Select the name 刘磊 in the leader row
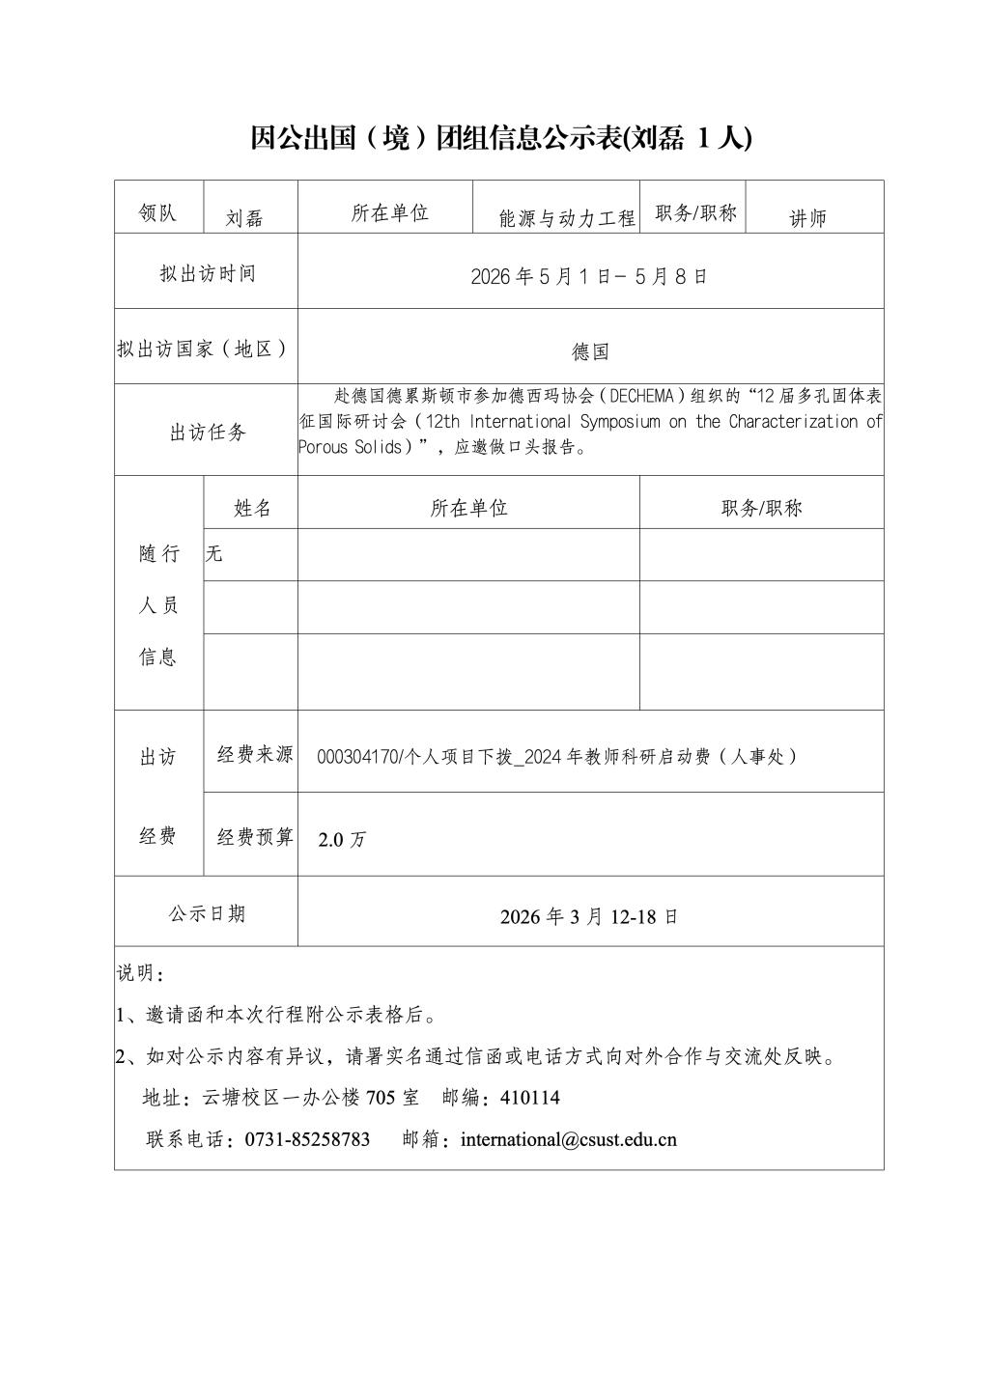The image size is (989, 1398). click(244, 218)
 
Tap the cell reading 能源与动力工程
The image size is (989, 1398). click(567, 218)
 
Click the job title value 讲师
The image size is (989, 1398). click(808, 218)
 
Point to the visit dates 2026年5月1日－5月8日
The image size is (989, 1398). click(589, 276)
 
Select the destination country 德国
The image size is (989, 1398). click(590, 352)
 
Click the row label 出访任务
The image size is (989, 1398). click(208, 433)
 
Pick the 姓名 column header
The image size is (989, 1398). click(252, 508)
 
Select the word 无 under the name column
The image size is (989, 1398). click(214, 553)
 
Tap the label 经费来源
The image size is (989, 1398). click(254, 755)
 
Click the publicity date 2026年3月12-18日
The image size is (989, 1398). click(589, 916)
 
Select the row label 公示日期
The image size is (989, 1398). click(207, 913)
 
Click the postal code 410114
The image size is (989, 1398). click(530, 1098)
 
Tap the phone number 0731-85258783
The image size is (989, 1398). click(307, 1139)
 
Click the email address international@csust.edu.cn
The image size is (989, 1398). click(569, 1139)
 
